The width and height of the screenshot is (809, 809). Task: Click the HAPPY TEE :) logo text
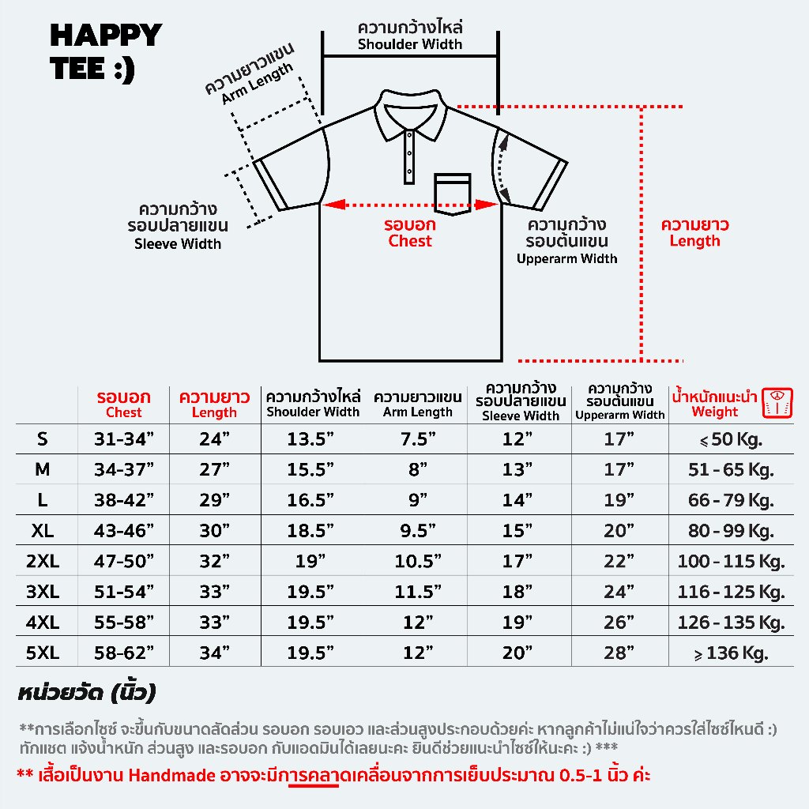(x=105, y=52)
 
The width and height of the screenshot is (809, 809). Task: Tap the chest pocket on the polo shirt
(x=452, y=194)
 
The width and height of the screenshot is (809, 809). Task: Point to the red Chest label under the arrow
(x=410, y=233)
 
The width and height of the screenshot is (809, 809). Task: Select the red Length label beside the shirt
(x=694, y=233)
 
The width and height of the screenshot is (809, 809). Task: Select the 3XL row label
(x=43, y=592)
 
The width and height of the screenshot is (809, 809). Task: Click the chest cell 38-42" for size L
(x=124, y=500)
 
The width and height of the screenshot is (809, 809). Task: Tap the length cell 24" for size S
(x=214, y=440)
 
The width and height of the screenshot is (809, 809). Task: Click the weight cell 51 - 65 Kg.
(x=730, y=470)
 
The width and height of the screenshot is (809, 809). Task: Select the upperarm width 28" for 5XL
(x=619, y=653)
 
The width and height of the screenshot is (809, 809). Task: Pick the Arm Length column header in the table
(x=418, y=404)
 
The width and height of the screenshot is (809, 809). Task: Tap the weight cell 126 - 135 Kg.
(x=730, y=623)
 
